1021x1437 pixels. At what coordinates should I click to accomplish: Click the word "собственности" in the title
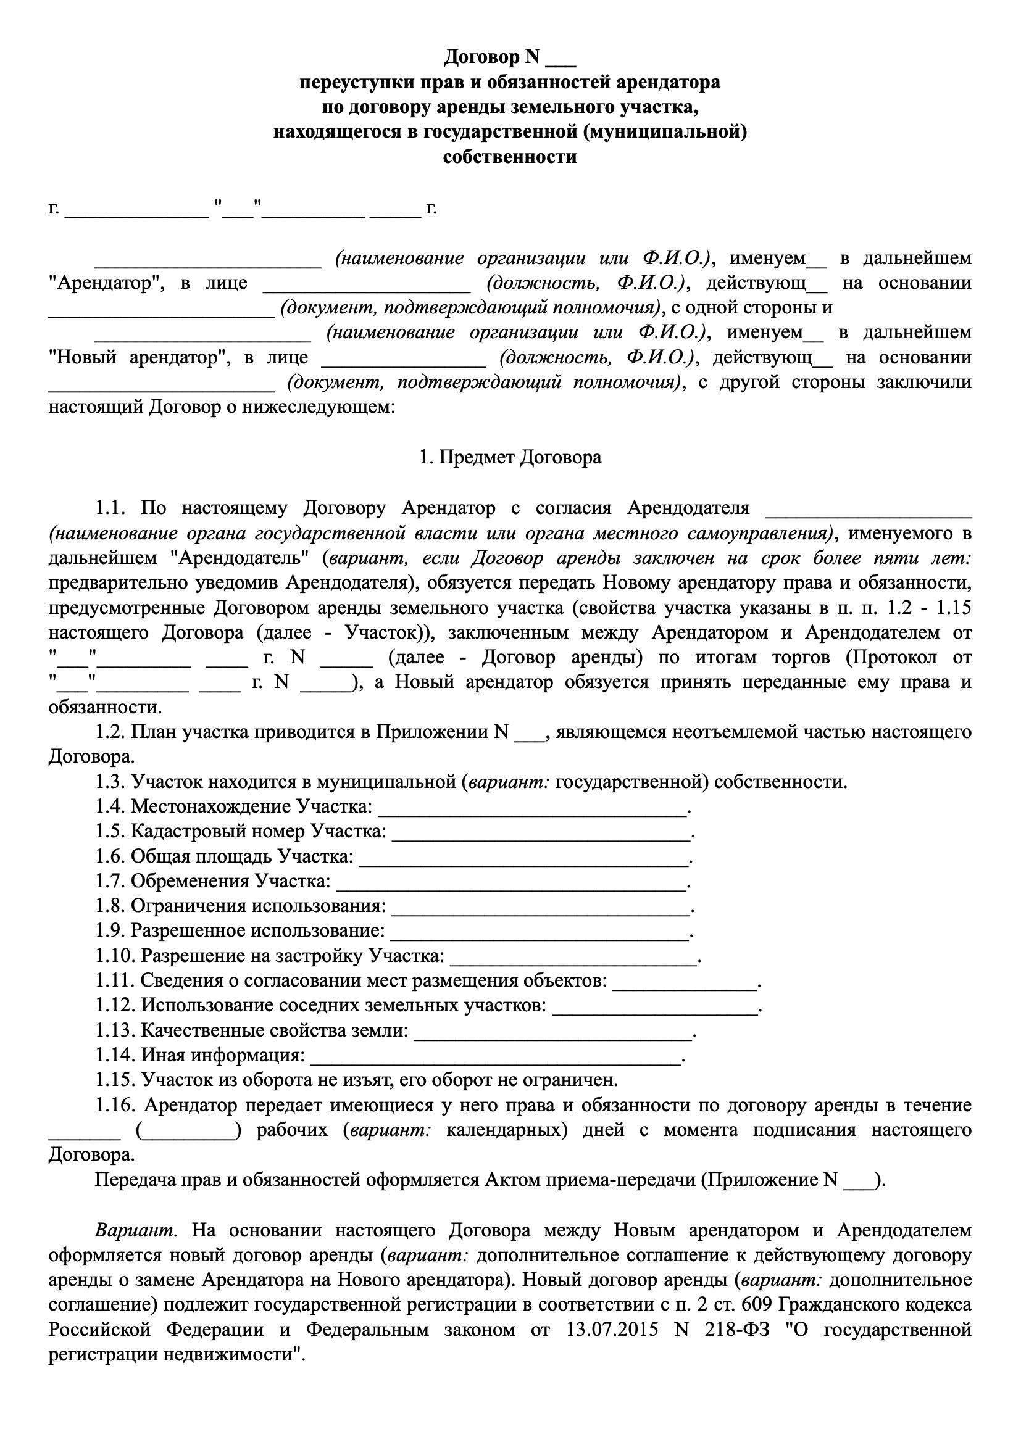(510, 157)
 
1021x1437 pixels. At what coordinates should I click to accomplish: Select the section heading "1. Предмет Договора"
(510, 457)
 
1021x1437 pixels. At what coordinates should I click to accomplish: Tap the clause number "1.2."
(109, 732)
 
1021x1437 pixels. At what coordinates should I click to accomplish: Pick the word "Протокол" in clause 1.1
(896, 657)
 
